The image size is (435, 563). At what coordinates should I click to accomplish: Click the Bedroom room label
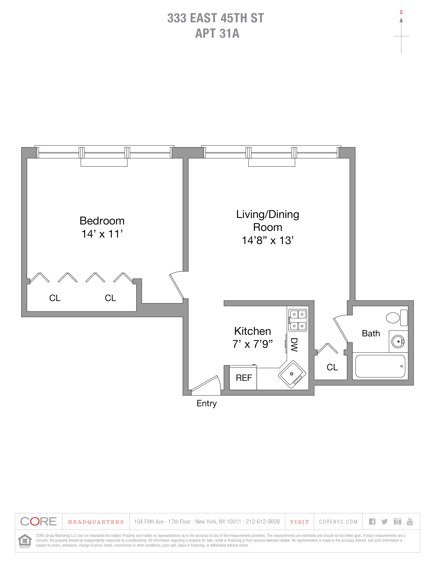point(102,221)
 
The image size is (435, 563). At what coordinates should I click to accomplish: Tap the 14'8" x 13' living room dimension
point(268,240)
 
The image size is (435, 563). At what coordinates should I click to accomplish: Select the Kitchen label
point(253,331)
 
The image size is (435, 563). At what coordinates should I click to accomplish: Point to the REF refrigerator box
point(243,378)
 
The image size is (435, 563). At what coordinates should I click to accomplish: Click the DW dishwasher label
point(294,345)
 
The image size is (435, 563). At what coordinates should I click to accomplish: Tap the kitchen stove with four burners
point(298,320)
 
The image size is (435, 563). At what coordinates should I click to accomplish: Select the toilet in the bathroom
point(396,318)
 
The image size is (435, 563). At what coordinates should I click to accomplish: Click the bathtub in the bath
point(380,366)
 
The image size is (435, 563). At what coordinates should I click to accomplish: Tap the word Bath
point(371,334)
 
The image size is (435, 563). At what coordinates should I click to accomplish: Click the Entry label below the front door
point(207,403)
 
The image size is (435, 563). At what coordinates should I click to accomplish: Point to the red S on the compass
point(401,12)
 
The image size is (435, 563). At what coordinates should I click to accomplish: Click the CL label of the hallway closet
point(332,367)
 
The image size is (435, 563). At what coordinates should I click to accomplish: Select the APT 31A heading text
point(217,33)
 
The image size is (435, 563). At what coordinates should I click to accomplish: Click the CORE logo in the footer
point(38,522)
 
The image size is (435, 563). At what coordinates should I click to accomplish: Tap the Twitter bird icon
point(385,522)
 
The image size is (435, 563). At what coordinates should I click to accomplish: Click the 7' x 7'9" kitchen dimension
point(253,344)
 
